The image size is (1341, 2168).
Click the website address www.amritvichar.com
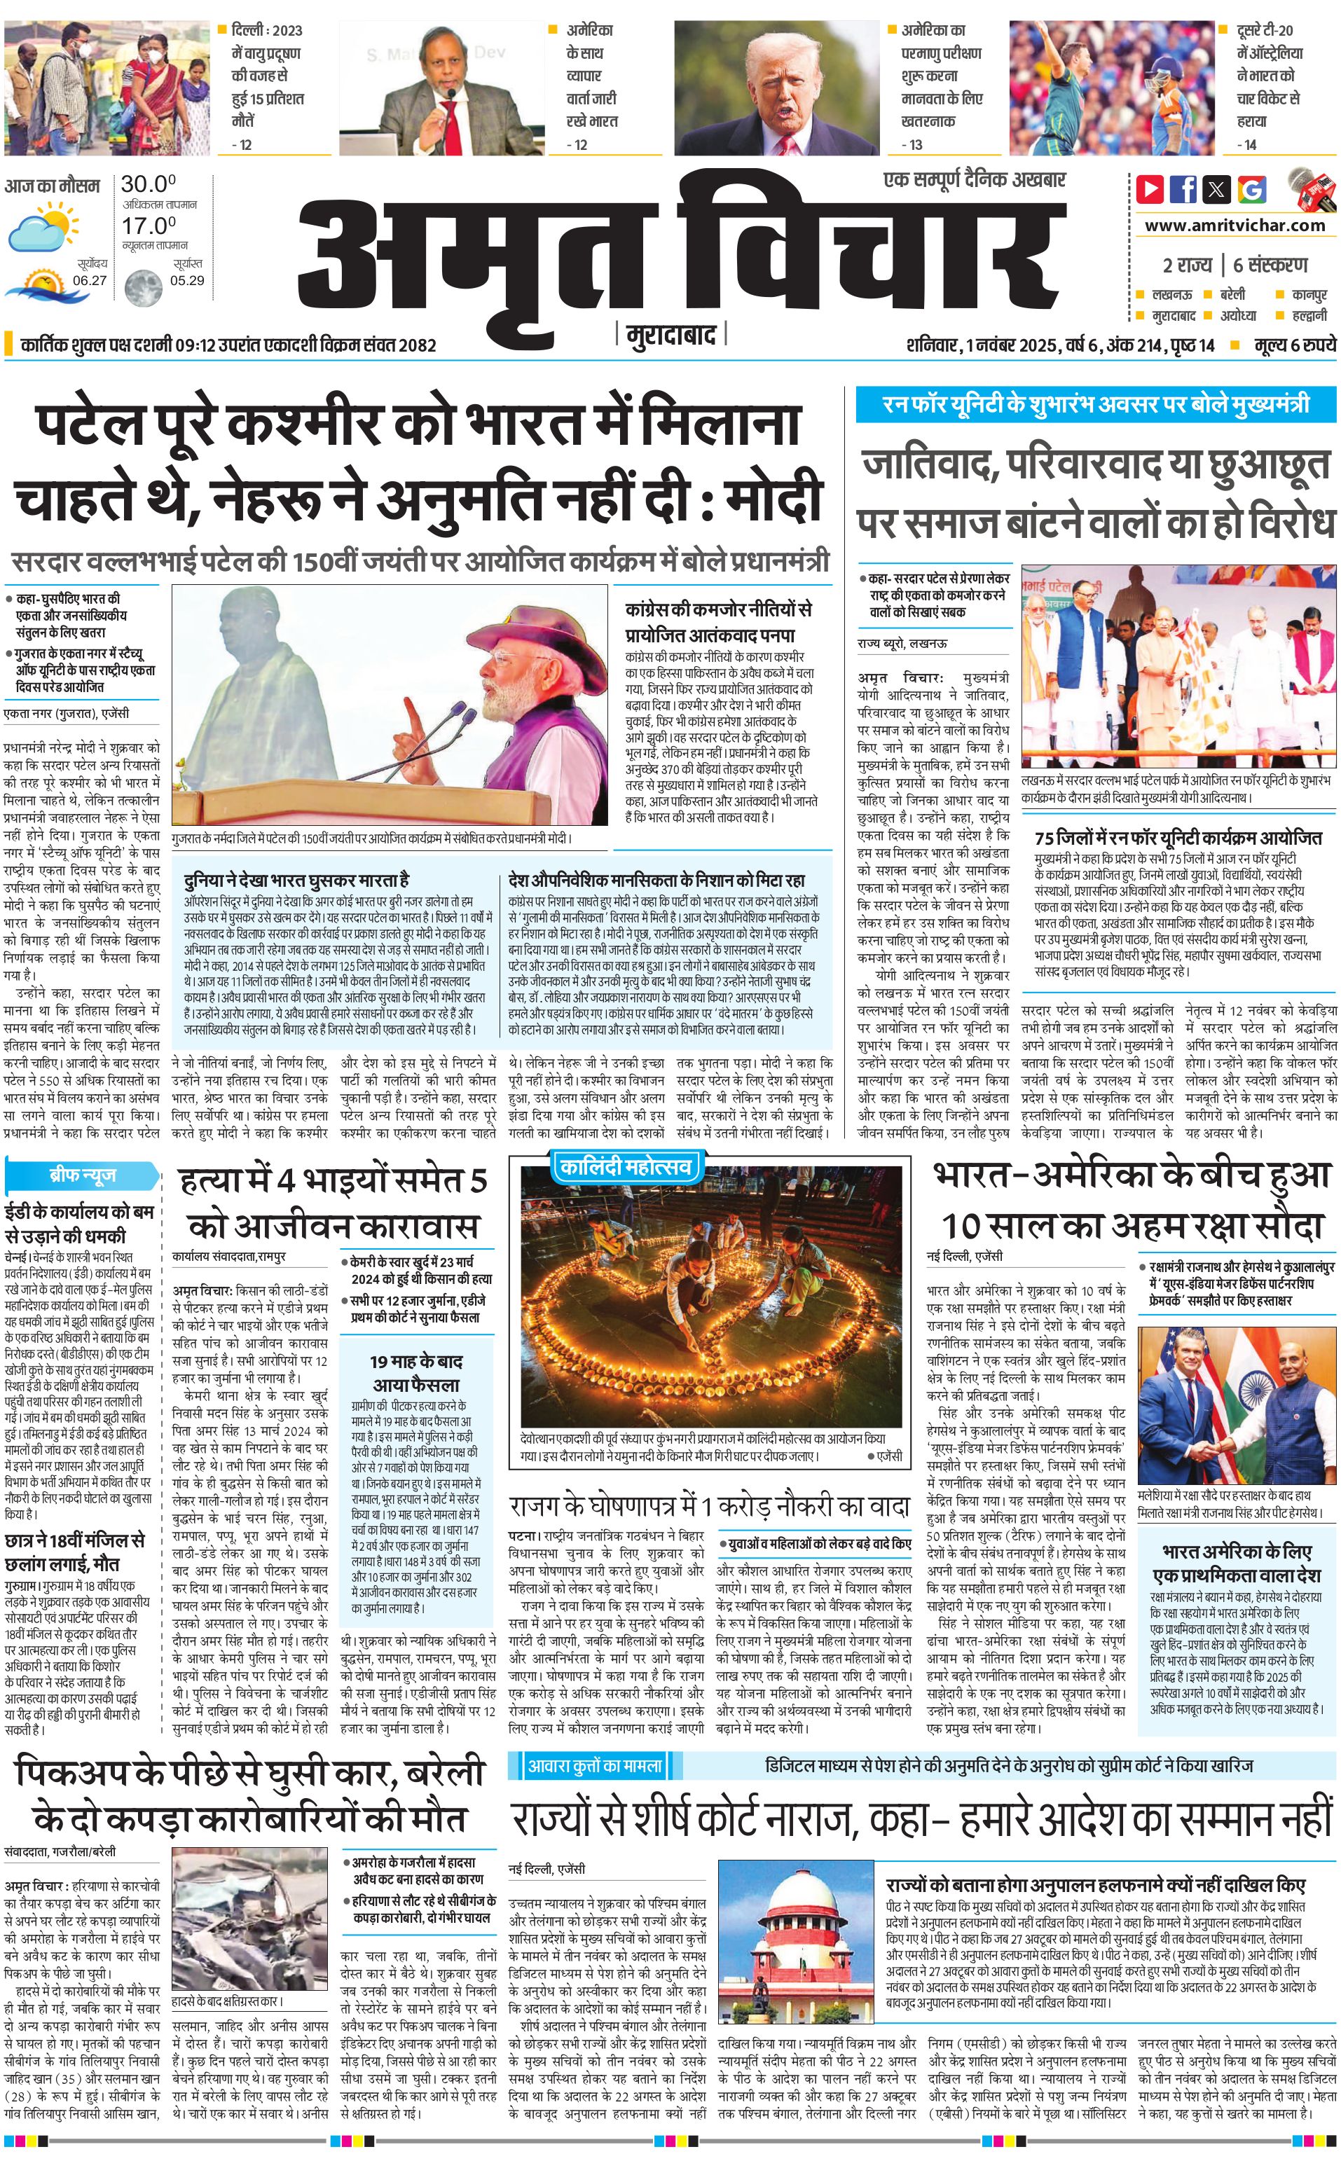(1235, 226)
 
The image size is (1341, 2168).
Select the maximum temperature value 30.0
(148, 184)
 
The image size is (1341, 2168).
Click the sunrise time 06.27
(90, 280)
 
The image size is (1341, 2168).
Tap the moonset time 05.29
(187, 280)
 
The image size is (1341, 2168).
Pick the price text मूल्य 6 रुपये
(1294, 345)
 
